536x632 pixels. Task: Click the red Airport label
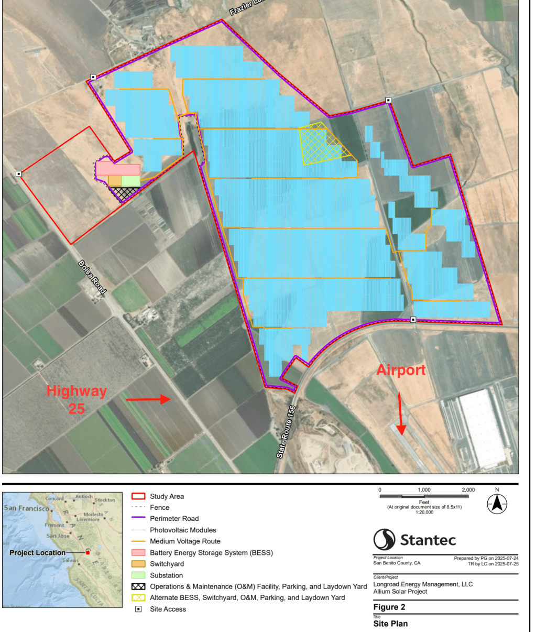click(x=401, y=370)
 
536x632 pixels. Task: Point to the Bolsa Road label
click(x=92, y=277)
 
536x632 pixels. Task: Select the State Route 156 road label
click(x=286, y=431)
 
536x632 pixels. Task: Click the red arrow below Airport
click(x=401, y=414)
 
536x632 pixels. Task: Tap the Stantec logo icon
click(x=384, y=540)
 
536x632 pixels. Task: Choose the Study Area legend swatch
click(x=138, y=496)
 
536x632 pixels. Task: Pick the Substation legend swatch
click(x=138, y=575)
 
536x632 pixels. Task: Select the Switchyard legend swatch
click(x=138, y=564)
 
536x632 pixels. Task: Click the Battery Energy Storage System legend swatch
click(x=138, y=553)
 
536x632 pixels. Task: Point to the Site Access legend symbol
click(x=138, y=609)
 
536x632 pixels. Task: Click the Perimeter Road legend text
click(x=174, y=519)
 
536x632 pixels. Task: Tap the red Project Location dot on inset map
click(x=88, y=552)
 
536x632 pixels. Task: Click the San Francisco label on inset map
click(x=26, y=508)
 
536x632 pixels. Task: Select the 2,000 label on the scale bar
click(x=468, y=489)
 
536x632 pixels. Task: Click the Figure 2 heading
click(x=389, y=607)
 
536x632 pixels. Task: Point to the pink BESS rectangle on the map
click(x=118, y=169)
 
